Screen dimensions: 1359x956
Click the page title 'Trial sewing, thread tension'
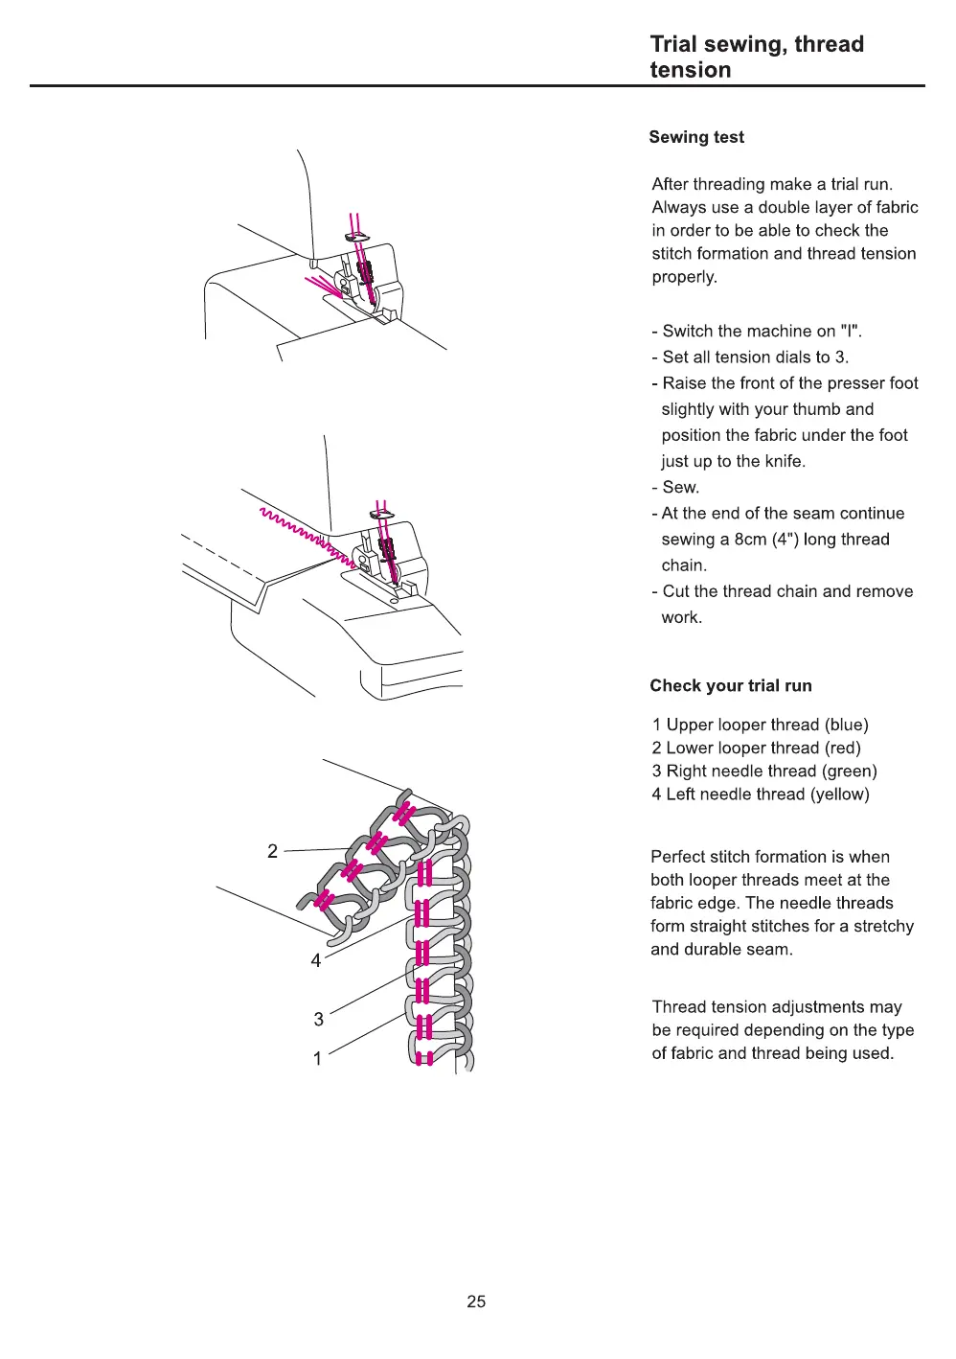(x=757, y=57)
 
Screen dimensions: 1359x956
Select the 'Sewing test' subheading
(x=696, y=137)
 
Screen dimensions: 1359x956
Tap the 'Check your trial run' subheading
(x=730, y=685)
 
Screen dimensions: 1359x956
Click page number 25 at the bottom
(x=476, y=1301)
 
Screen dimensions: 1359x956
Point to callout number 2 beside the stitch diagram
(x=273, y=851)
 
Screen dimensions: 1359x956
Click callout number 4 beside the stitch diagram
(x=316, y=960)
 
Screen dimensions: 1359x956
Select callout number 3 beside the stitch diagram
(x=319, y=1019)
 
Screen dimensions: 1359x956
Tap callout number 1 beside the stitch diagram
(x=318, y=1058)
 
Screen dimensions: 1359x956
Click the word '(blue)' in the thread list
(x=846, y=725)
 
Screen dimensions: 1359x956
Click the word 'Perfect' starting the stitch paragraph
(x=679, y=857)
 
